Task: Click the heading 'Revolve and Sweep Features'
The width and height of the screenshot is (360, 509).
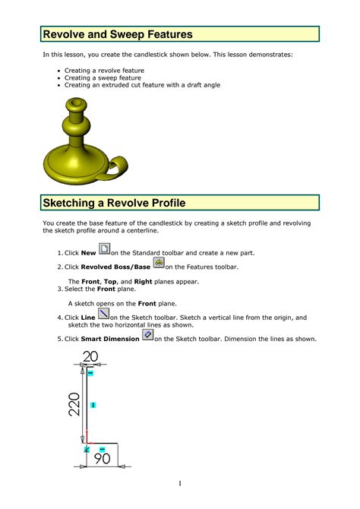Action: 117,34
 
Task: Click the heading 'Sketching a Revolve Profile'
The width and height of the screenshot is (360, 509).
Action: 114,204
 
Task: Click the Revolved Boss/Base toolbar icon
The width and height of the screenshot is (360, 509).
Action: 159,264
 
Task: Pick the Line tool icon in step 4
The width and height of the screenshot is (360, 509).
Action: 104,314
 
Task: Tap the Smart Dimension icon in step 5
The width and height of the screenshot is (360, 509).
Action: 148,335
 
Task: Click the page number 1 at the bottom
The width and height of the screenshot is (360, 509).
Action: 180,483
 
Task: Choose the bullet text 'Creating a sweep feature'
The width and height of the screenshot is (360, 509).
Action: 103,77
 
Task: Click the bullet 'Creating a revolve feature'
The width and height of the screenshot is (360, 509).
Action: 104,70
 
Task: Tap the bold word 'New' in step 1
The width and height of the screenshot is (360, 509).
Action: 88,252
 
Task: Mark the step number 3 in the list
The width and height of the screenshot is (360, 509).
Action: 60,289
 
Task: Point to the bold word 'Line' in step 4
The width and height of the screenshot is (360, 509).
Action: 88,318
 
